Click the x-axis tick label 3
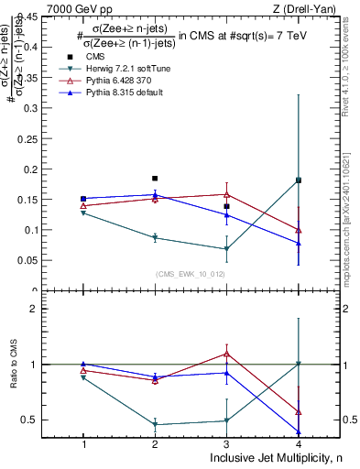pyautogui.click(x=226, y=444)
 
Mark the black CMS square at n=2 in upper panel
pyautogui.click(x=155, y=179)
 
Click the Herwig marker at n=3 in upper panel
pyautogui.click(x=226, y=249)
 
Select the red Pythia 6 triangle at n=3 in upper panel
pyautogui.click(x=226, y=194)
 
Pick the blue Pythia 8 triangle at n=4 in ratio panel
pyautogui.click(x=299, y=431)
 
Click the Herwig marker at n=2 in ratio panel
pyautogui.click(x=155, y=424)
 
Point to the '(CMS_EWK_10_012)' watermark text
pyautogui.click(x=191, y=273)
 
